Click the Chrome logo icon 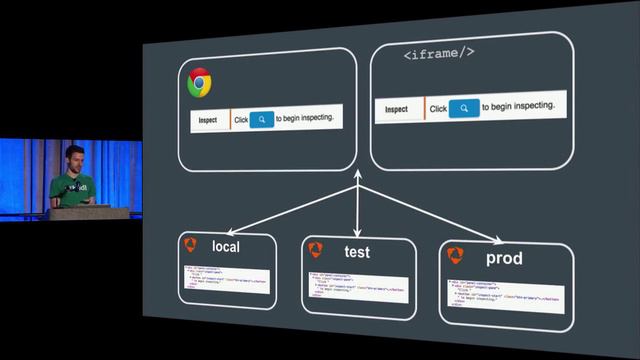click(198, 83)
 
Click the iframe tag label click(439, 55)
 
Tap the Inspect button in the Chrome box click(208, 120)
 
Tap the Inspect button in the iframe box click(397, 108)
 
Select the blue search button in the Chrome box click(260, 119)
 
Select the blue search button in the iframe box click(464, 108)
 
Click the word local click(226, 246)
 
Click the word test click(357, 252)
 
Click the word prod click(504, 259)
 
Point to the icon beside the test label click(316, 249)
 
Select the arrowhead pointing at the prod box click(495, 239)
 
